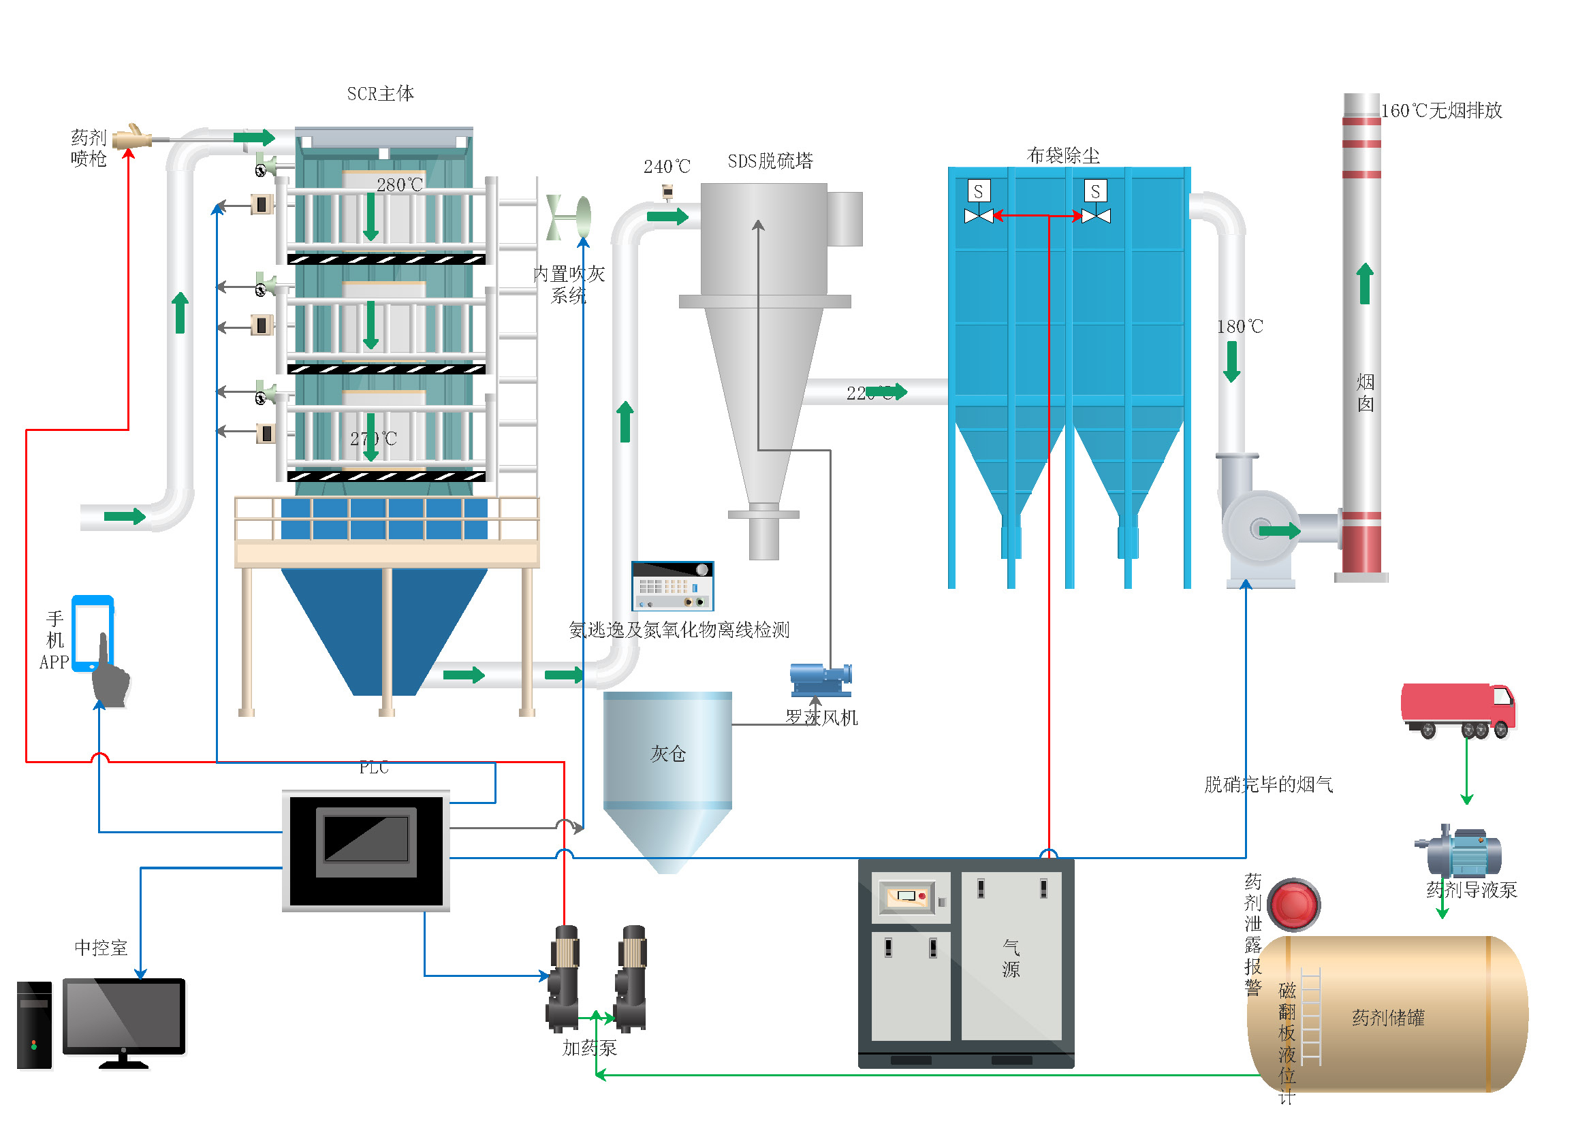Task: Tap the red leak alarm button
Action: (1293, 905)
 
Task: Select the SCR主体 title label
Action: (380, 93)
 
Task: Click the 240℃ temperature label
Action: (666, 167)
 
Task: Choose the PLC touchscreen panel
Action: (366, 850)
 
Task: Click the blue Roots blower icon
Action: (821, 679)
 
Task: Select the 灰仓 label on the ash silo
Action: (667, 754)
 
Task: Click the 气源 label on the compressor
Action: (1011, 959)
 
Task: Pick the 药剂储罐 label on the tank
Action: (1387, 1018)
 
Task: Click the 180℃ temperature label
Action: (1240, 327)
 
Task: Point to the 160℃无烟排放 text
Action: (1441, 111)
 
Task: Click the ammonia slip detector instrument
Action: (672, 586)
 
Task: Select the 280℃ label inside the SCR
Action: (399, 185)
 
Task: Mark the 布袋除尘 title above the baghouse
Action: (1063, 156)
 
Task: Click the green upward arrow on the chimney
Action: (1365, 284)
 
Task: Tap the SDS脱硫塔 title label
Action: (770, 161)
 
